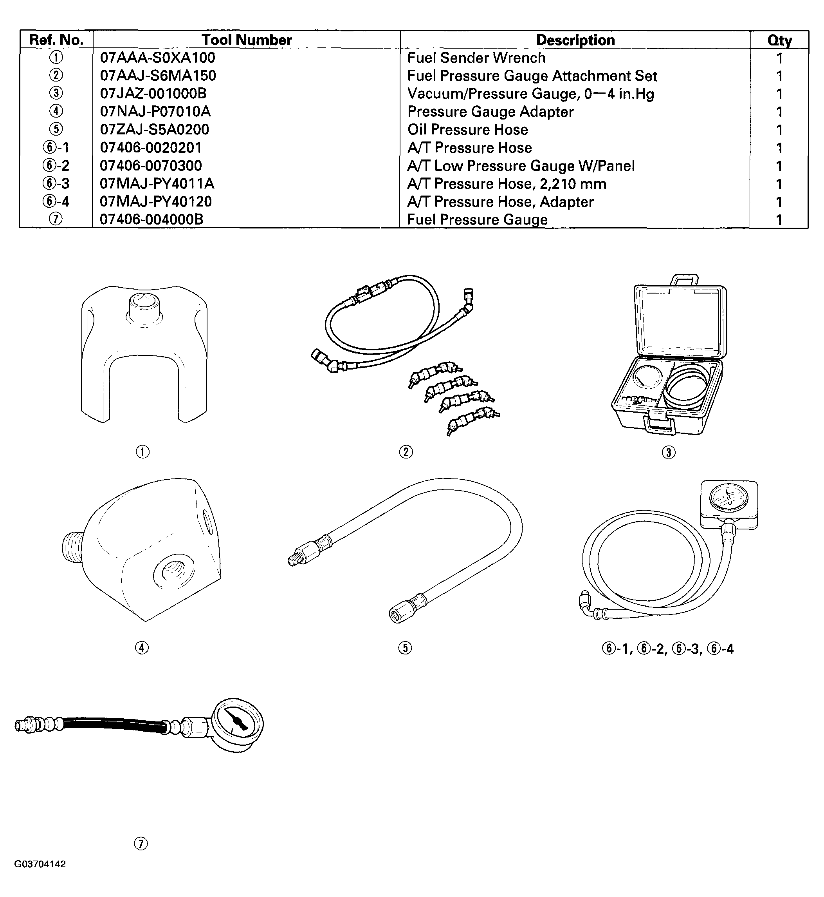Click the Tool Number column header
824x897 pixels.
point(247,40)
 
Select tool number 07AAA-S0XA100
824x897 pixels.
point(157,58)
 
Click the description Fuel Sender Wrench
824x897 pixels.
point(476,58)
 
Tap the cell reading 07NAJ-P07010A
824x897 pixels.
point(155,111)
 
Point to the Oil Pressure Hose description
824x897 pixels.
point(467,129)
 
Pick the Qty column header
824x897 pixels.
point(779,40)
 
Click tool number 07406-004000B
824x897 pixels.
point(151,219)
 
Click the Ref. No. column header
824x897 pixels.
point(56,40)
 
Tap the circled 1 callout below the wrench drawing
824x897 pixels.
point(142,452)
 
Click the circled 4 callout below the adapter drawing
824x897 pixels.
point(142,647)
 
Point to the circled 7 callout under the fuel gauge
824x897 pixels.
point(141,843)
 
